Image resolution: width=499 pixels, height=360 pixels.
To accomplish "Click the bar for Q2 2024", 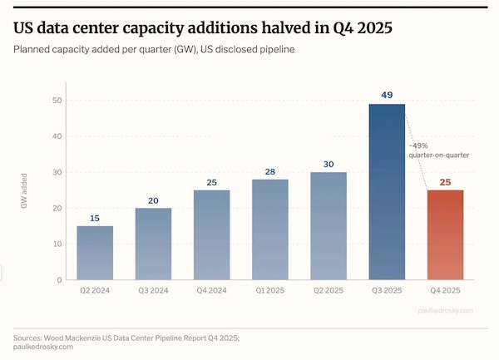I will (x=95, y=253).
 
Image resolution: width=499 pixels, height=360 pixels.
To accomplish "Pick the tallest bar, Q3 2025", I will (x=388, y=191).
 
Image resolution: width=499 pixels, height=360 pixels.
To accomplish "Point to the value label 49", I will (x=388, y=96).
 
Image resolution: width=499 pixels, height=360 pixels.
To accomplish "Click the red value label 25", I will (x=446, y=182).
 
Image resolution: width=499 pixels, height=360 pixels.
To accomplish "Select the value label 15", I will (x=95, y=218).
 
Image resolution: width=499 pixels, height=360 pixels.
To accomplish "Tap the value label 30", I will (x=329, y=164).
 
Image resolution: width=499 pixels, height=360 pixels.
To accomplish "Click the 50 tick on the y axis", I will (x=56, y=101).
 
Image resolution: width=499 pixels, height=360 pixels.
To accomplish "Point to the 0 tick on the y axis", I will (x=58, y=280).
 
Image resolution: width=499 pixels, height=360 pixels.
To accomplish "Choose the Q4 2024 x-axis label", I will (x=212, y=291).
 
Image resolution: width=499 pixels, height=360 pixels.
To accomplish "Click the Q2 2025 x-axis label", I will (x=329, y=291).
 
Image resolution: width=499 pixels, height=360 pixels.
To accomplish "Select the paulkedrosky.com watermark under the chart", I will (x=446, y=310).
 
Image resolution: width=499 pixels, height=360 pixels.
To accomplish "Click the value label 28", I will (x=270, y=171).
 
